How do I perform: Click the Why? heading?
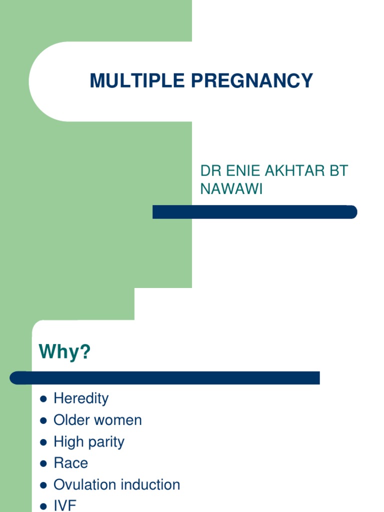tap(65, 352)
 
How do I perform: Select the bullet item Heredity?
tap(80, 398)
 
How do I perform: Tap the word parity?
tap(106, 442)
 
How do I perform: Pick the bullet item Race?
tap(70, 463)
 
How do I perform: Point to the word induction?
tap(150, 484)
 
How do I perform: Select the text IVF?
tap(65, 505)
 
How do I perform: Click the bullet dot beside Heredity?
tap(43, 399)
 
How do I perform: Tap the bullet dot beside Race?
tap(43, 463)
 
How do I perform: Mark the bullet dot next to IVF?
tap(43, 506)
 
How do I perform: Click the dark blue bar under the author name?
tap(254, 212)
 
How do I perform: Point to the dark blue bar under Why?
tap(164, 378)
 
